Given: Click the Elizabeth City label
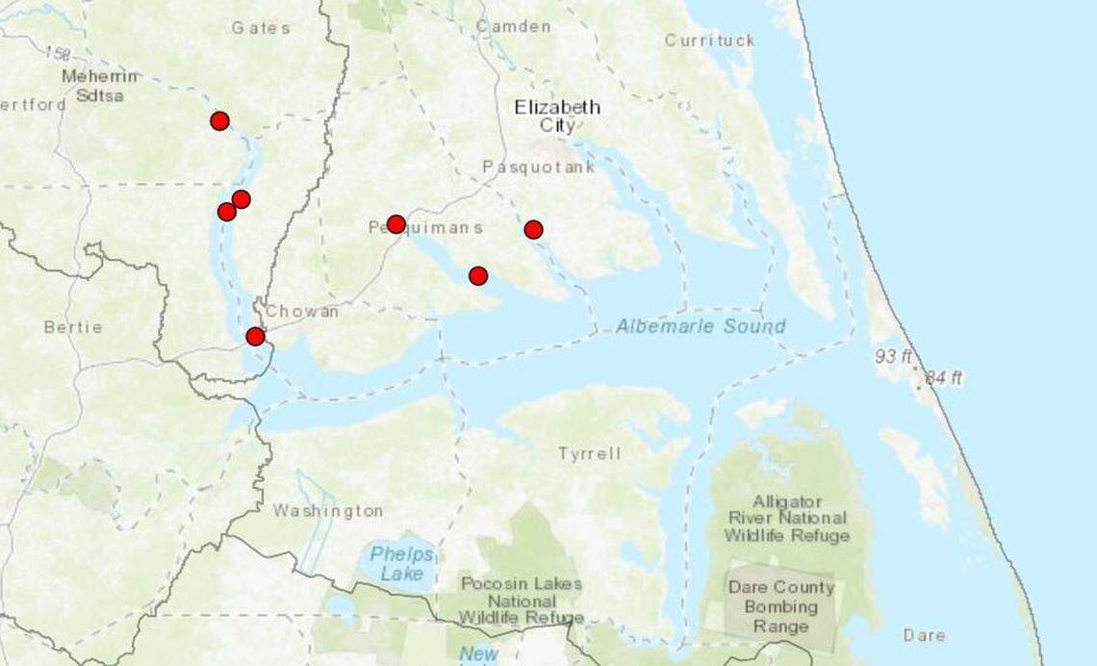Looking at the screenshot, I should [557, 115].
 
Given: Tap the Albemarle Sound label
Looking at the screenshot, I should [701, 326].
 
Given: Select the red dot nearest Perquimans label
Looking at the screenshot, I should [395, 224].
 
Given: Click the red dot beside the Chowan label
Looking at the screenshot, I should [255, 336].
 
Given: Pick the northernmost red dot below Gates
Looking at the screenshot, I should [219, 120].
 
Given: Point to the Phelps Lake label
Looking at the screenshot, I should [401, 564].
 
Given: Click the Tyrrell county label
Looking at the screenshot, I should [589, 453].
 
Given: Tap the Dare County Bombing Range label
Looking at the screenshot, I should [780, 606].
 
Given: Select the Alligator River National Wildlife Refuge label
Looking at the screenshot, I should [787, 519].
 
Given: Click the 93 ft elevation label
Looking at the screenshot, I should [893, 357].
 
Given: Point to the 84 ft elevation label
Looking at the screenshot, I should [943, 378].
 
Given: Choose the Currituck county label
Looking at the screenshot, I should [709, 40].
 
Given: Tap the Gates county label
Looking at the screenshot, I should [260, 28].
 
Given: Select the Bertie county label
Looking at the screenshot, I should [73, 327].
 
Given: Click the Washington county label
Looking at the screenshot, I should [327, 510].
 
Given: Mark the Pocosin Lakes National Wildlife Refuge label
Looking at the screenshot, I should [521, 600].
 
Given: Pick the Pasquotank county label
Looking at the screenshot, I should [538, 166].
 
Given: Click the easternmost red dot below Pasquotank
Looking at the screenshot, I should [533, 229].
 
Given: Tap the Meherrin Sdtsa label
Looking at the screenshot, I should [99, 86].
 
